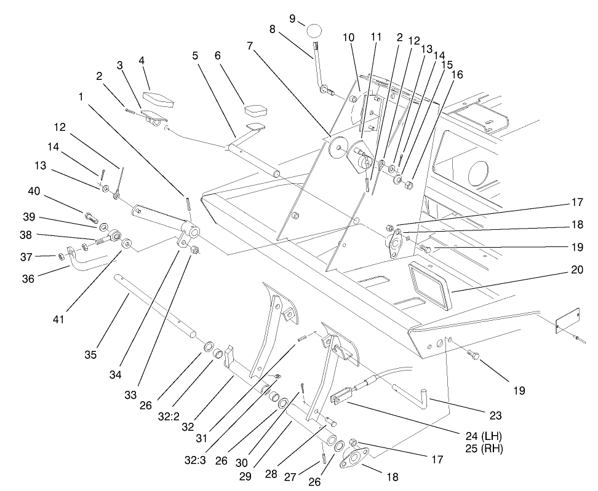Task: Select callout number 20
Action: coord(577,270)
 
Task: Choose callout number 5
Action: coord(195,55)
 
